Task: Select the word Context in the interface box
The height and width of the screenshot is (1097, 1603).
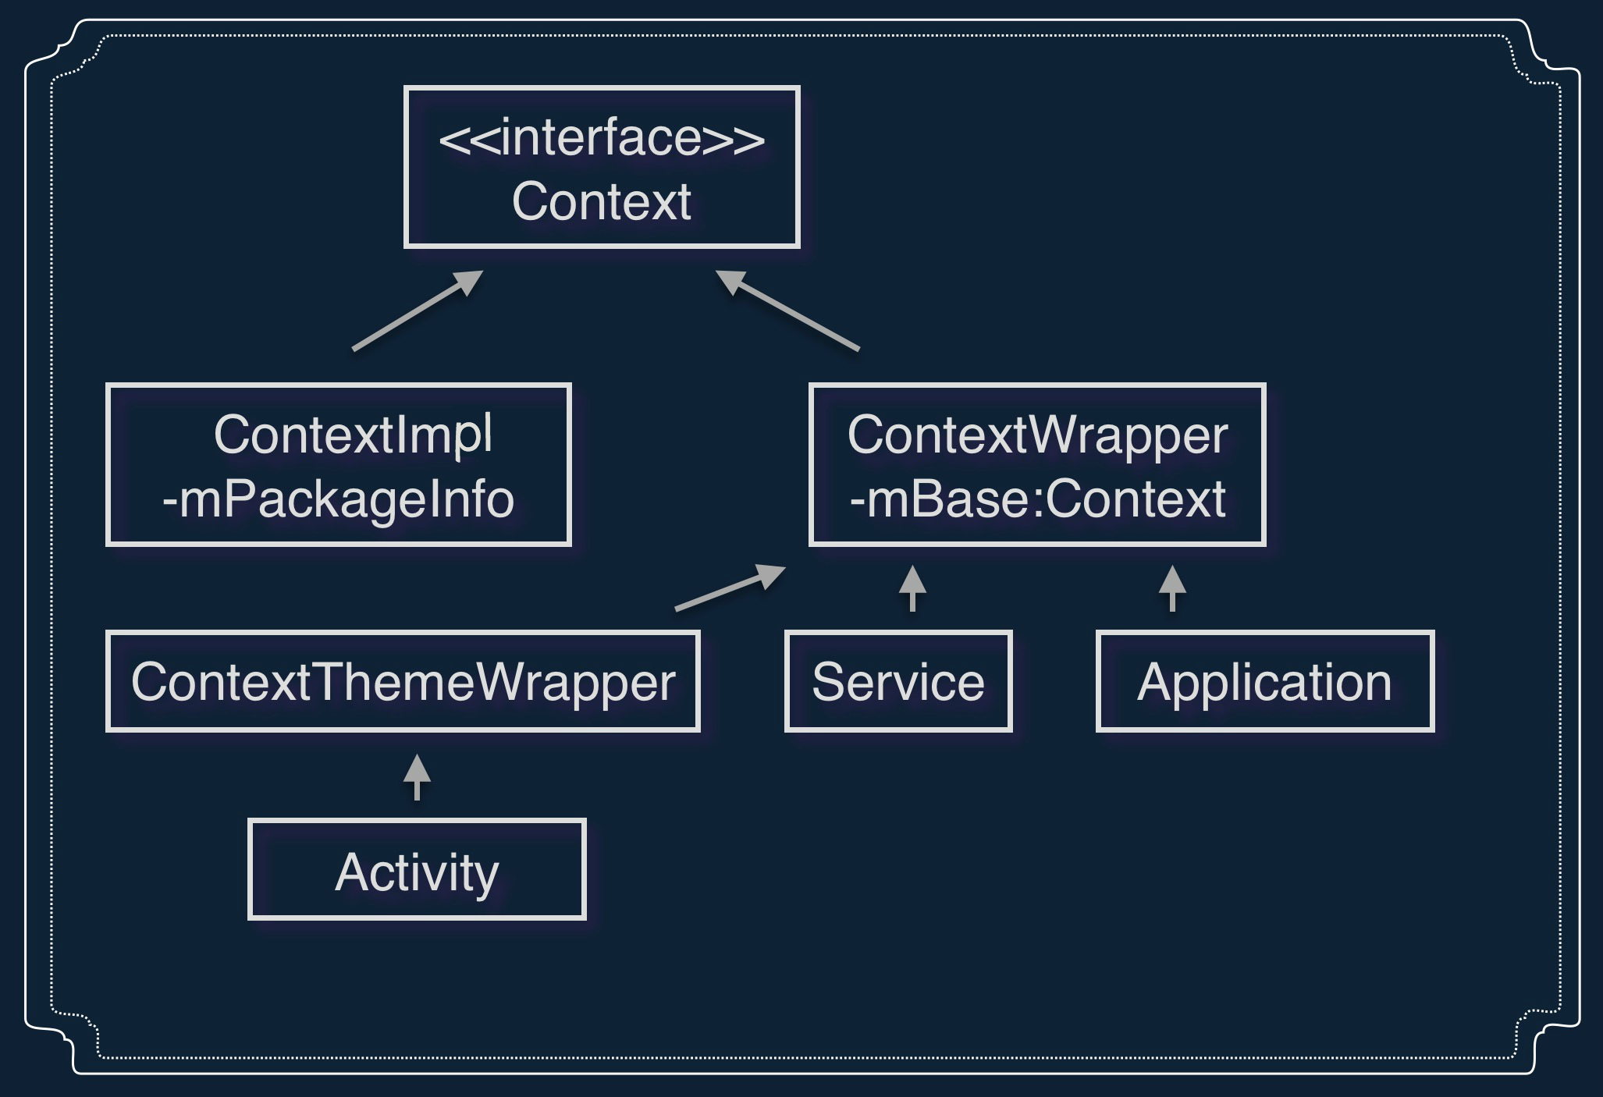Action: pyautogui.click(x=602, y=201)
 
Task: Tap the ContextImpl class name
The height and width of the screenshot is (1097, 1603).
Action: pyautogui.click(x=353, y=435)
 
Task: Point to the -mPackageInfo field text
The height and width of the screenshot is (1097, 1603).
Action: pyautogui.click(x=338, y=499)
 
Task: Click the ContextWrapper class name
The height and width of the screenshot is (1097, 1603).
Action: pyautogui.click(x=1037, y=435)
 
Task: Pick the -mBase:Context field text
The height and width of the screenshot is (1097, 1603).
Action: pyautogui.click(x=1037, y=499)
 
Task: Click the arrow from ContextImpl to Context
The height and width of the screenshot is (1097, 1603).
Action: pyautogui.click(x=418, y=310)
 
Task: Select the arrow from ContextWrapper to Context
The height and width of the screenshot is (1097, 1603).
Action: pyautogui.click(x=787, y=310)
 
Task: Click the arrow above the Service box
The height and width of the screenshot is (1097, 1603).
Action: pyautogui.click(x=912, y=588)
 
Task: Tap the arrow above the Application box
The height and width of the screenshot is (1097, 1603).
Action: pyautogui.click(x=1172, y=588)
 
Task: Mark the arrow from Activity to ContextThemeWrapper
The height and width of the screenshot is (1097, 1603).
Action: pyautogui.click(x=417, y=777)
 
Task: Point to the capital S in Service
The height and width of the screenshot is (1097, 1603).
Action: pyautogui.click(x=829, y=682)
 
